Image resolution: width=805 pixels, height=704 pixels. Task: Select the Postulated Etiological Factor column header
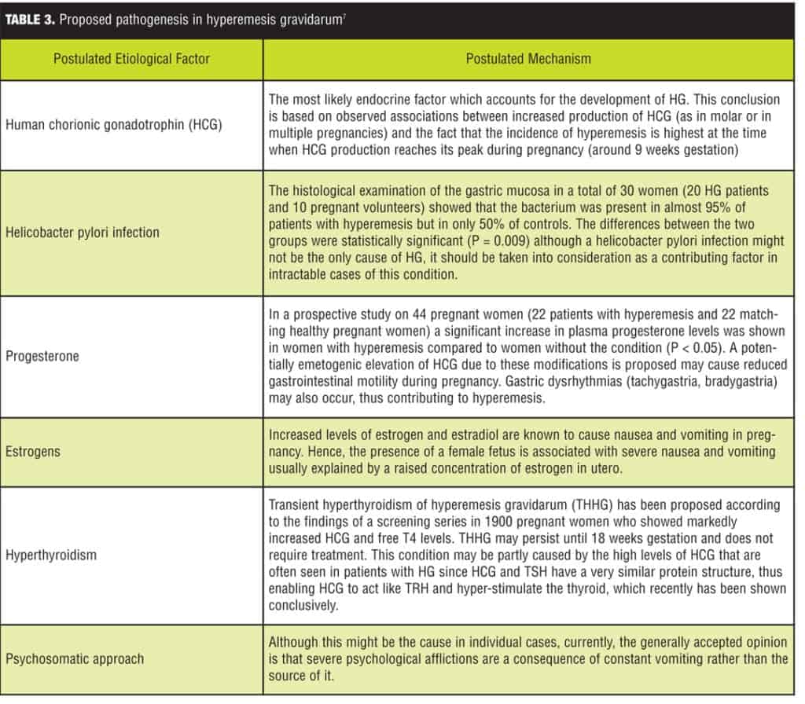(131, 59)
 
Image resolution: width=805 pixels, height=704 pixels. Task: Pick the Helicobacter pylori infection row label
(83, 233)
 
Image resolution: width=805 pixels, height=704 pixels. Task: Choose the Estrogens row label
(33, 452)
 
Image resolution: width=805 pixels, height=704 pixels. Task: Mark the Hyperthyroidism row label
(52, 555)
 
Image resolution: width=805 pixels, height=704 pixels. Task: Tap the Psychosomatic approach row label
(75, 658)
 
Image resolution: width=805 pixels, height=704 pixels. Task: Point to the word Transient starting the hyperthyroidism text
(295, 504)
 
